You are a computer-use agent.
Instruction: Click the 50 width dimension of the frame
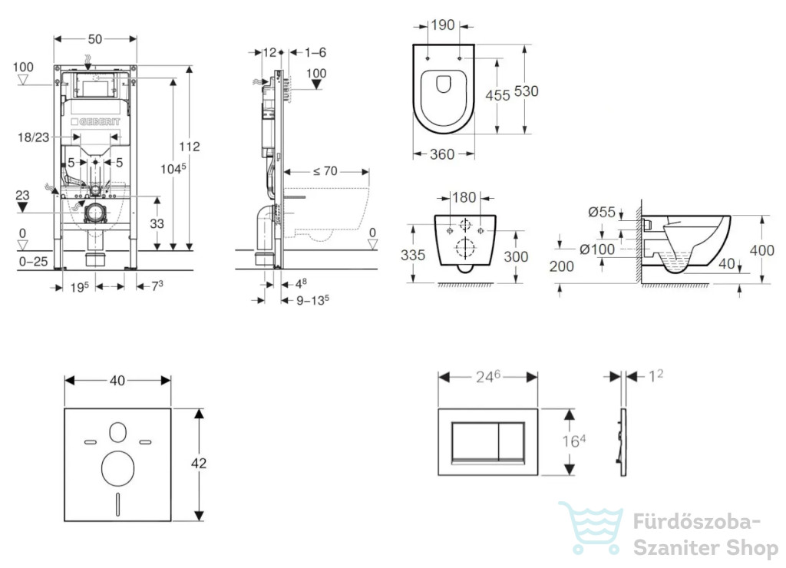pos(94,39)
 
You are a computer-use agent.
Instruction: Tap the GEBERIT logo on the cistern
pos(95,122)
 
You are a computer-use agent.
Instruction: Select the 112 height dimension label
pos(190,147)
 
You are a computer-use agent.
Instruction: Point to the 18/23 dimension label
pos(34,137)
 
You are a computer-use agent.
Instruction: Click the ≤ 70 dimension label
pos(325,171)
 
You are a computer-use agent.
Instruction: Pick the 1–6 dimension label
pos(315,52)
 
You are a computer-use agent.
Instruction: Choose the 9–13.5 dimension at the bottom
pos(313,300)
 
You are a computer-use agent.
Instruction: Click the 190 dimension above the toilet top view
pos(443,25)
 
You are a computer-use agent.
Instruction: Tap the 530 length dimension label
pos(527,91)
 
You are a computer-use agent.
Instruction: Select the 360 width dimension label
pos(442,154)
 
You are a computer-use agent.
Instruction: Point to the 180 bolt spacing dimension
pos(464,197)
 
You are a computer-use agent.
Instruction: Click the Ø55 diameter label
pos(602,213)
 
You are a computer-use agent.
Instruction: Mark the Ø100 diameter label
pos(597,249)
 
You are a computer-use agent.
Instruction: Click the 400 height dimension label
pos(762,249)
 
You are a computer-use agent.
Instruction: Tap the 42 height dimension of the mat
pos(199,463)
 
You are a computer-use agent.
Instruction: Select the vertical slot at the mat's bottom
pos(117,504)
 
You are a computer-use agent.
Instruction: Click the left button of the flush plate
pos(475,441)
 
